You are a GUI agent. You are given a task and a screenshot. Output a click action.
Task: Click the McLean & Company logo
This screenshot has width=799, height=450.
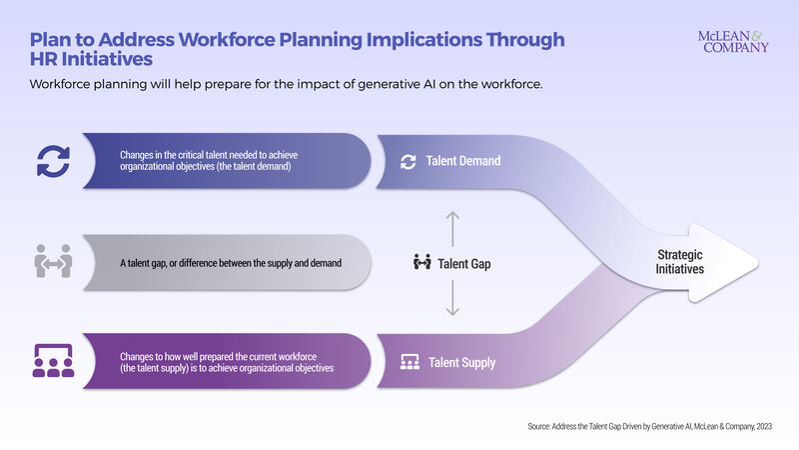coord(734,41)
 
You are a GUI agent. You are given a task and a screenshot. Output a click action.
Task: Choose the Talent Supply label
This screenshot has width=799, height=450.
coord(462,362)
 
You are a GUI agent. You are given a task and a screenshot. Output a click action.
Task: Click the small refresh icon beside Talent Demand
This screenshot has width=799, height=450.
coord(407,161)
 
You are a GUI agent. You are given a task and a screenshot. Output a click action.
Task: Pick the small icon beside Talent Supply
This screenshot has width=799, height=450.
coord(408,362)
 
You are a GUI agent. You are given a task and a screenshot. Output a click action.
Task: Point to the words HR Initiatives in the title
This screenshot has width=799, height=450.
coord(91,60)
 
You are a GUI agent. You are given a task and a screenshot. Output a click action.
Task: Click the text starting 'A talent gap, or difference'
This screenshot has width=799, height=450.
coord(231,263)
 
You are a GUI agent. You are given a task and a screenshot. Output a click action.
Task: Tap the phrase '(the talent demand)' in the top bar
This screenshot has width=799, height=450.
coord(244,168)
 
